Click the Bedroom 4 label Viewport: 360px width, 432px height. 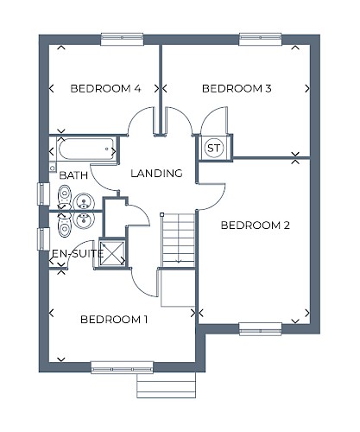[105, 88]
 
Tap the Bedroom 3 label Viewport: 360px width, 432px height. [237, 88]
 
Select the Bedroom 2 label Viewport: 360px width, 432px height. [256, 225]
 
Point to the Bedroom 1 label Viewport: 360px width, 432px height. [114, 320]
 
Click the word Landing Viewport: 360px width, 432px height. [156, 173]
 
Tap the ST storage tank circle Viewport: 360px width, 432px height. [214, 149]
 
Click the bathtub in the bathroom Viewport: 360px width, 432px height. [86, 149]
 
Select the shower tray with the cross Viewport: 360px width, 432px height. [112, 253]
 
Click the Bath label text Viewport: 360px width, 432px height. [73, 175]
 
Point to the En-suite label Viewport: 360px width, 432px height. [78, 253]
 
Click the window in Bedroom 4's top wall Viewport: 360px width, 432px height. [122, 39]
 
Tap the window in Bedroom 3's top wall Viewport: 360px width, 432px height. [260, 39]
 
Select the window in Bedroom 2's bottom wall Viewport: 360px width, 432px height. [261, 329]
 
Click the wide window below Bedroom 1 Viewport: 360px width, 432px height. [122, 367]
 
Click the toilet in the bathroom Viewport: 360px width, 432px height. [65, 195]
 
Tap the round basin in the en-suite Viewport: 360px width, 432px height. [84, 219]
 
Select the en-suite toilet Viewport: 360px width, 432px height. [65, 225]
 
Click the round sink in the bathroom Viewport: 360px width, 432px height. [84, 201]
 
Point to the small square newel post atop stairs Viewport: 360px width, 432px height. [161, 214]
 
